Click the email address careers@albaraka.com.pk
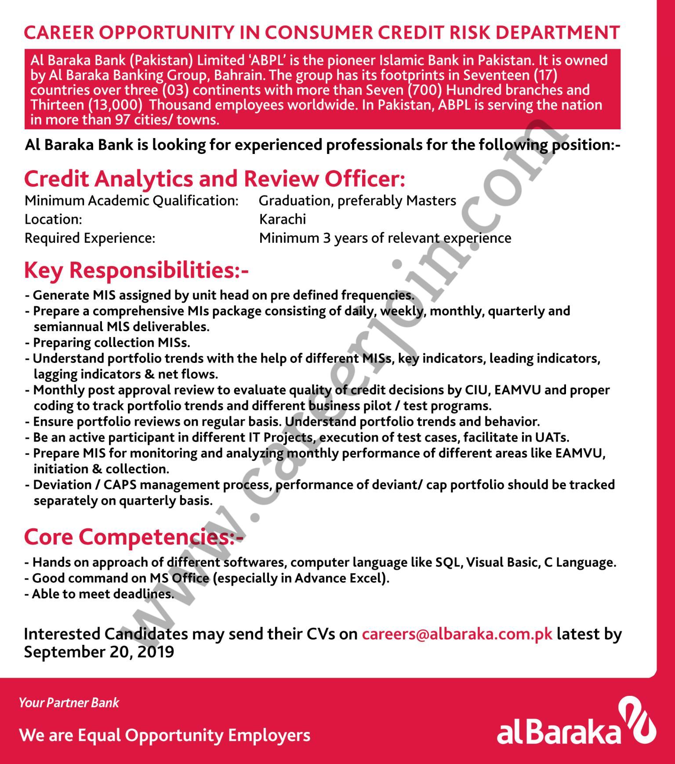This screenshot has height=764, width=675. (457, 634)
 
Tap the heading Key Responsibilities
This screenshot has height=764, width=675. (136, 270)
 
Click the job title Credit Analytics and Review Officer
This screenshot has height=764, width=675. (214, 179)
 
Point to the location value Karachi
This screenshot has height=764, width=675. (283, 219)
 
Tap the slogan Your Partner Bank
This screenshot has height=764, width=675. (69, 702)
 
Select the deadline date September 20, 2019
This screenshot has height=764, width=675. (99, 652)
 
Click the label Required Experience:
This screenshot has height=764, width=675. (90, 238)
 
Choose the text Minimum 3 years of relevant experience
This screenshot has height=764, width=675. (385, 238)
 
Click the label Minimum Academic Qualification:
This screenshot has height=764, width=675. (131, 201)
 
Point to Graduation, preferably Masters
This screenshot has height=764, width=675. (357, 201)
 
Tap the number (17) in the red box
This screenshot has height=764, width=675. (545, 75)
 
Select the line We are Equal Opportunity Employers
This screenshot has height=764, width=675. (165, 735)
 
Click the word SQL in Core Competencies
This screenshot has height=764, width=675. (448, 562)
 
